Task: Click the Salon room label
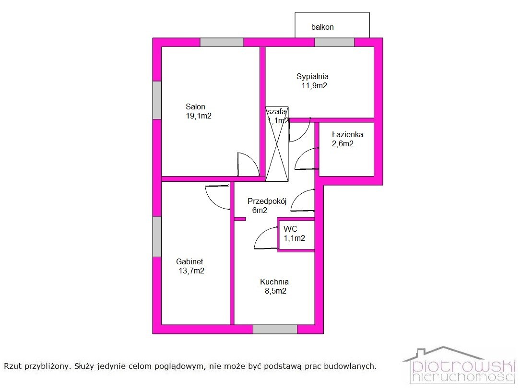pos(195,106)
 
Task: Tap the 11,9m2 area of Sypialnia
pos(314,86)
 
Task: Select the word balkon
pos(322,27)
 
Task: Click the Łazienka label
pos(347,134)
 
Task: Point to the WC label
pos(290,229)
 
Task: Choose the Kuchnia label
pos(274,282)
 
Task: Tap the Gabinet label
pos(189,261)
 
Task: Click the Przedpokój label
pos(267,201)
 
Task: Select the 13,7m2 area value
pos(192,271)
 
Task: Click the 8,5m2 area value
pos(275,291)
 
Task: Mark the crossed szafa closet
pos(277,144)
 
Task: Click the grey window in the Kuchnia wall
pos(275,329)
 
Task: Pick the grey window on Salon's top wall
pos(222,42)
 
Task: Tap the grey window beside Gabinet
pos(157,236)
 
